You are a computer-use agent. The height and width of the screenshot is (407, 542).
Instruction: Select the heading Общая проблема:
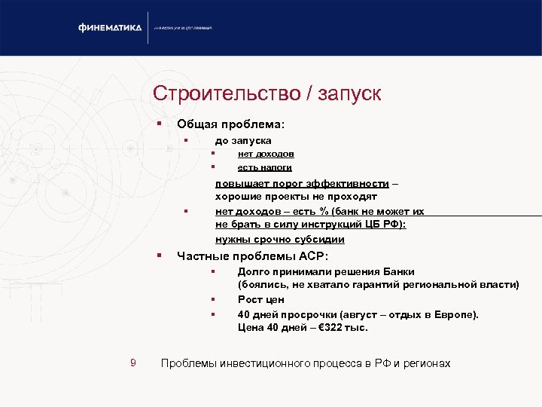click(230, 124)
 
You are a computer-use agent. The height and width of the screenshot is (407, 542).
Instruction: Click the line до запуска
click(243, 140)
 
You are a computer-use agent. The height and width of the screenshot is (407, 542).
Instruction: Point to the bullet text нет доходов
click(266, 154)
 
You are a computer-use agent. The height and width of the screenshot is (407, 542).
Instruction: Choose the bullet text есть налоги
click(264, 167)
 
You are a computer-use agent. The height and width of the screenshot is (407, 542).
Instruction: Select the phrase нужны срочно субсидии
click(280, 239)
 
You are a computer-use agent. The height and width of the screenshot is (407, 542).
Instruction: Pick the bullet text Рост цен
click(260, 299)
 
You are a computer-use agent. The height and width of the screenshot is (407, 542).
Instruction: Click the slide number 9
click(132, 363)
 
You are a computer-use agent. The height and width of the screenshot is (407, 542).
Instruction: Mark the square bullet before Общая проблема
click(159, 123)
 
